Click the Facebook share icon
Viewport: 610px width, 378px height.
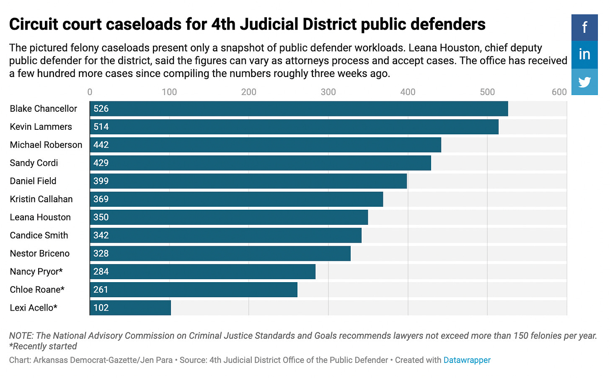[x=584, y=28]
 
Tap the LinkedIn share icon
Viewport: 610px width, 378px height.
[x=584, y=54]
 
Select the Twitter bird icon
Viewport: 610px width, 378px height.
[x=584, y=82]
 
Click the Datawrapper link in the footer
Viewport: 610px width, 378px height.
[x=467, y=360]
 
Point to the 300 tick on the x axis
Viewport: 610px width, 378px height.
[x=328, y=92]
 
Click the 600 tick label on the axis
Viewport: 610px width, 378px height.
[x=559, y=92]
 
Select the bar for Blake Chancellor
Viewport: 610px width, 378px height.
[x=298, y=109]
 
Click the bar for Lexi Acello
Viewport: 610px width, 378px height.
[x=130, y=308]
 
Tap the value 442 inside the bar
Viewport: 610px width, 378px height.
[x=101, y=145]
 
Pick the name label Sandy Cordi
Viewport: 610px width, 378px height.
[x=34, y=163]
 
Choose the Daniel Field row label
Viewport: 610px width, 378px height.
[x=33, y=181]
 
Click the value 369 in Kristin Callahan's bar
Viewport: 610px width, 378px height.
[x=101, y=199]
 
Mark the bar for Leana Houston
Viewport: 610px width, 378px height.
[x=229, y=217]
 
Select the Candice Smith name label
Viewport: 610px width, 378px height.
[x=39, y=235]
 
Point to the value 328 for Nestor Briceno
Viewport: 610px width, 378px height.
[x=101, y=254]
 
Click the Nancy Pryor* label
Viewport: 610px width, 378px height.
[x=36, y=272]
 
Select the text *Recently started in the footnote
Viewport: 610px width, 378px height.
[x=43, y=346]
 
